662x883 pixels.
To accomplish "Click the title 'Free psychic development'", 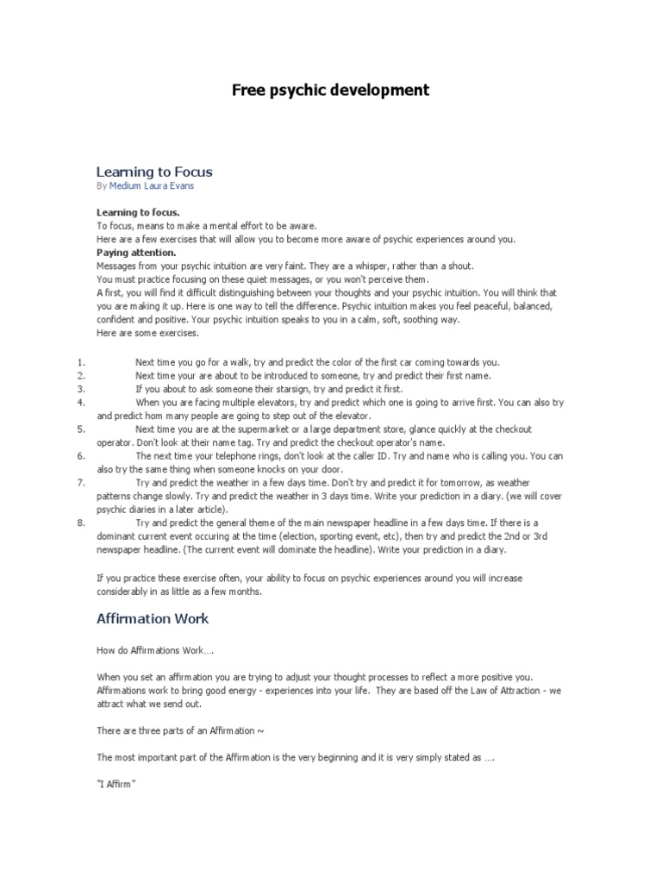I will pyautogui.click(x=330, y=90).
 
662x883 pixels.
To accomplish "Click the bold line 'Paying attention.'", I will pyautogui.click(x=136, y=253).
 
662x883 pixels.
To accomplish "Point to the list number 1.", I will pyautogui.click(x=80, y=361).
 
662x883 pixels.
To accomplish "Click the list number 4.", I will pyautogui.click(x=80, y=402).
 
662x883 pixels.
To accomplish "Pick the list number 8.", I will pyautogui.click(x=80, y=523).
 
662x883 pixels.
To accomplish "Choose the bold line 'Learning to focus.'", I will pyautogui.click(x=138, y=212).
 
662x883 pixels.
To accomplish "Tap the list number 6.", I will pyautogui.click(x=80, y=455).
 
